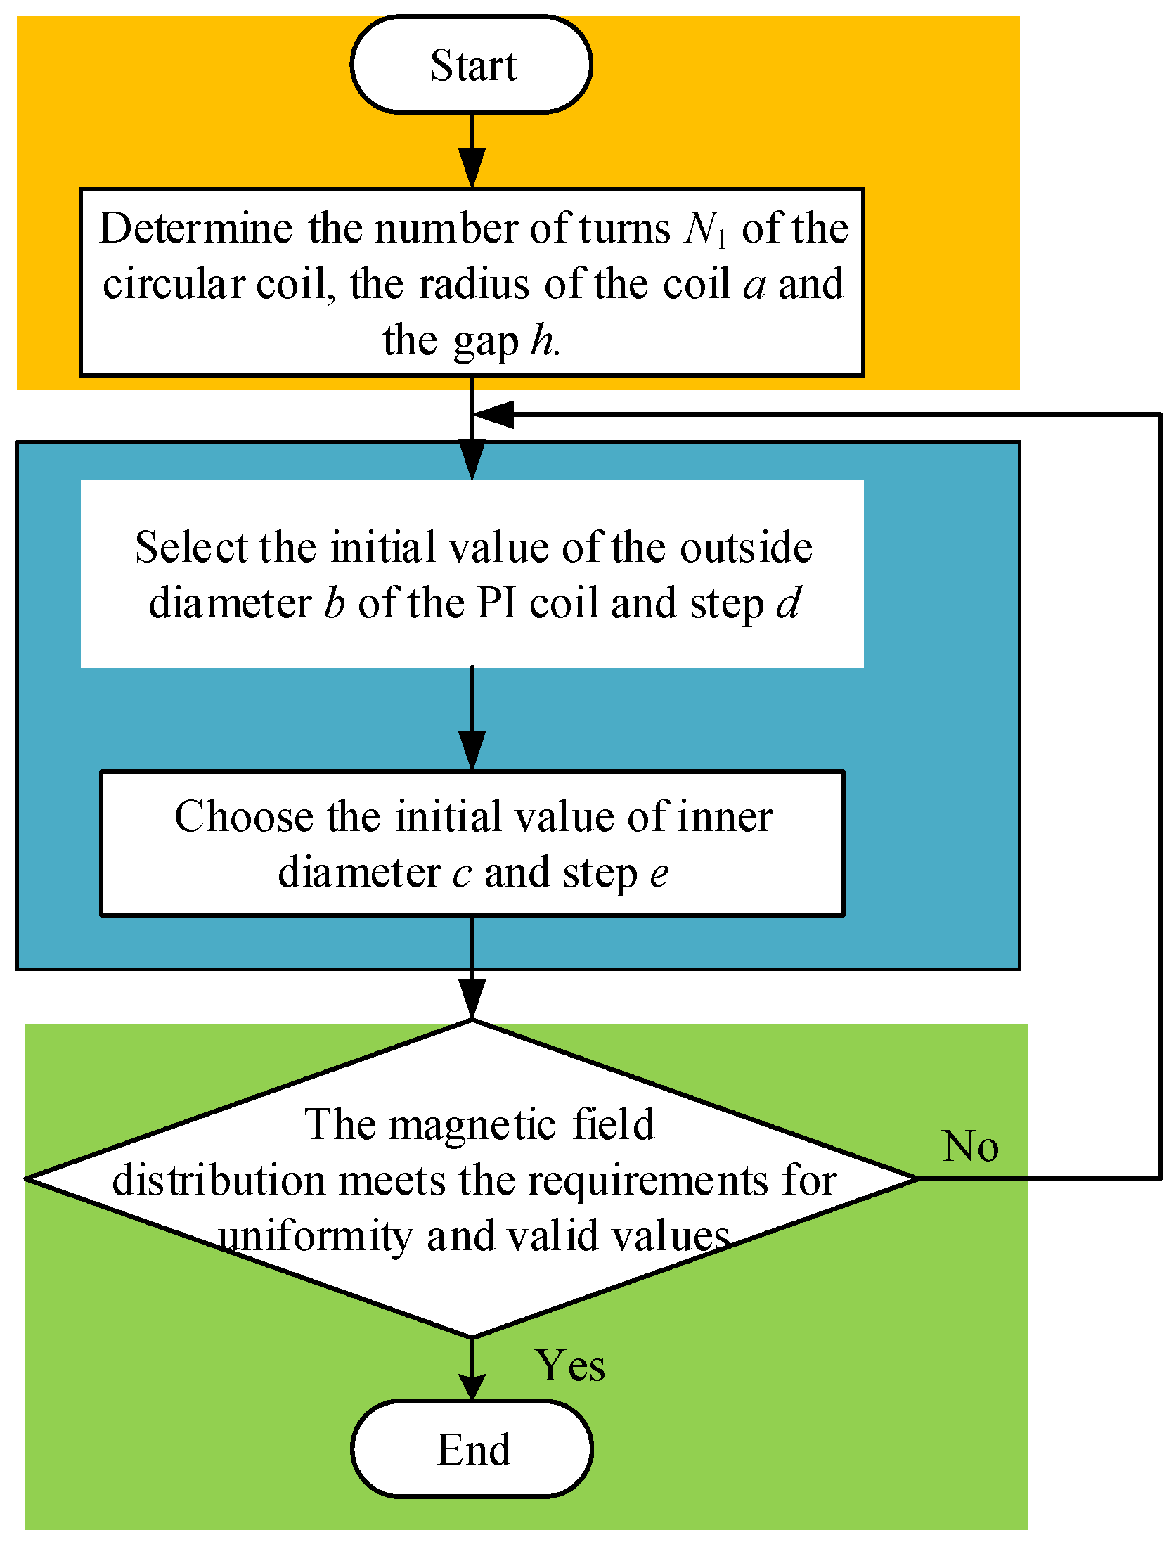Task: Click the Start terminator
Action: point(472,65)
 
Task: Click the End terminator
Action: point(472,1450)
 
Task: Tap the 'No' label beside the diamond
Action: point(970,1147)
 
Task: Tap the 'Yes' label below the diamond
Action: point(569,1366)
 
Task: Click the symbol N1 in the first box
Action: point(705,229)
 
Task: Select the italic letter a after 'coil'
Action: point(754,285)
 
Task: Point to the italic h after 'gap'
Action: point(542,341)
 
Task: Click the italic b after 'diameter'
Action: point(335,603)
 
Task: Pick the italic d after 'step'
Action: point(789,603)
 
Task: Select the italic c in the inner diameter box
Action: point(462,874)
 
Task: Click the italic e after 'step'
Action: point(659,874)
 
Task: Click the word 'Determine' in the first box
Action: point(195,229)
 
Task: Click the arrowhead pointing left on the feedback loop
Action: point(495,415)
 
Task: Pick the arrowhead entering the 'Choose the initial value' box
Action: point(472,750)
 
